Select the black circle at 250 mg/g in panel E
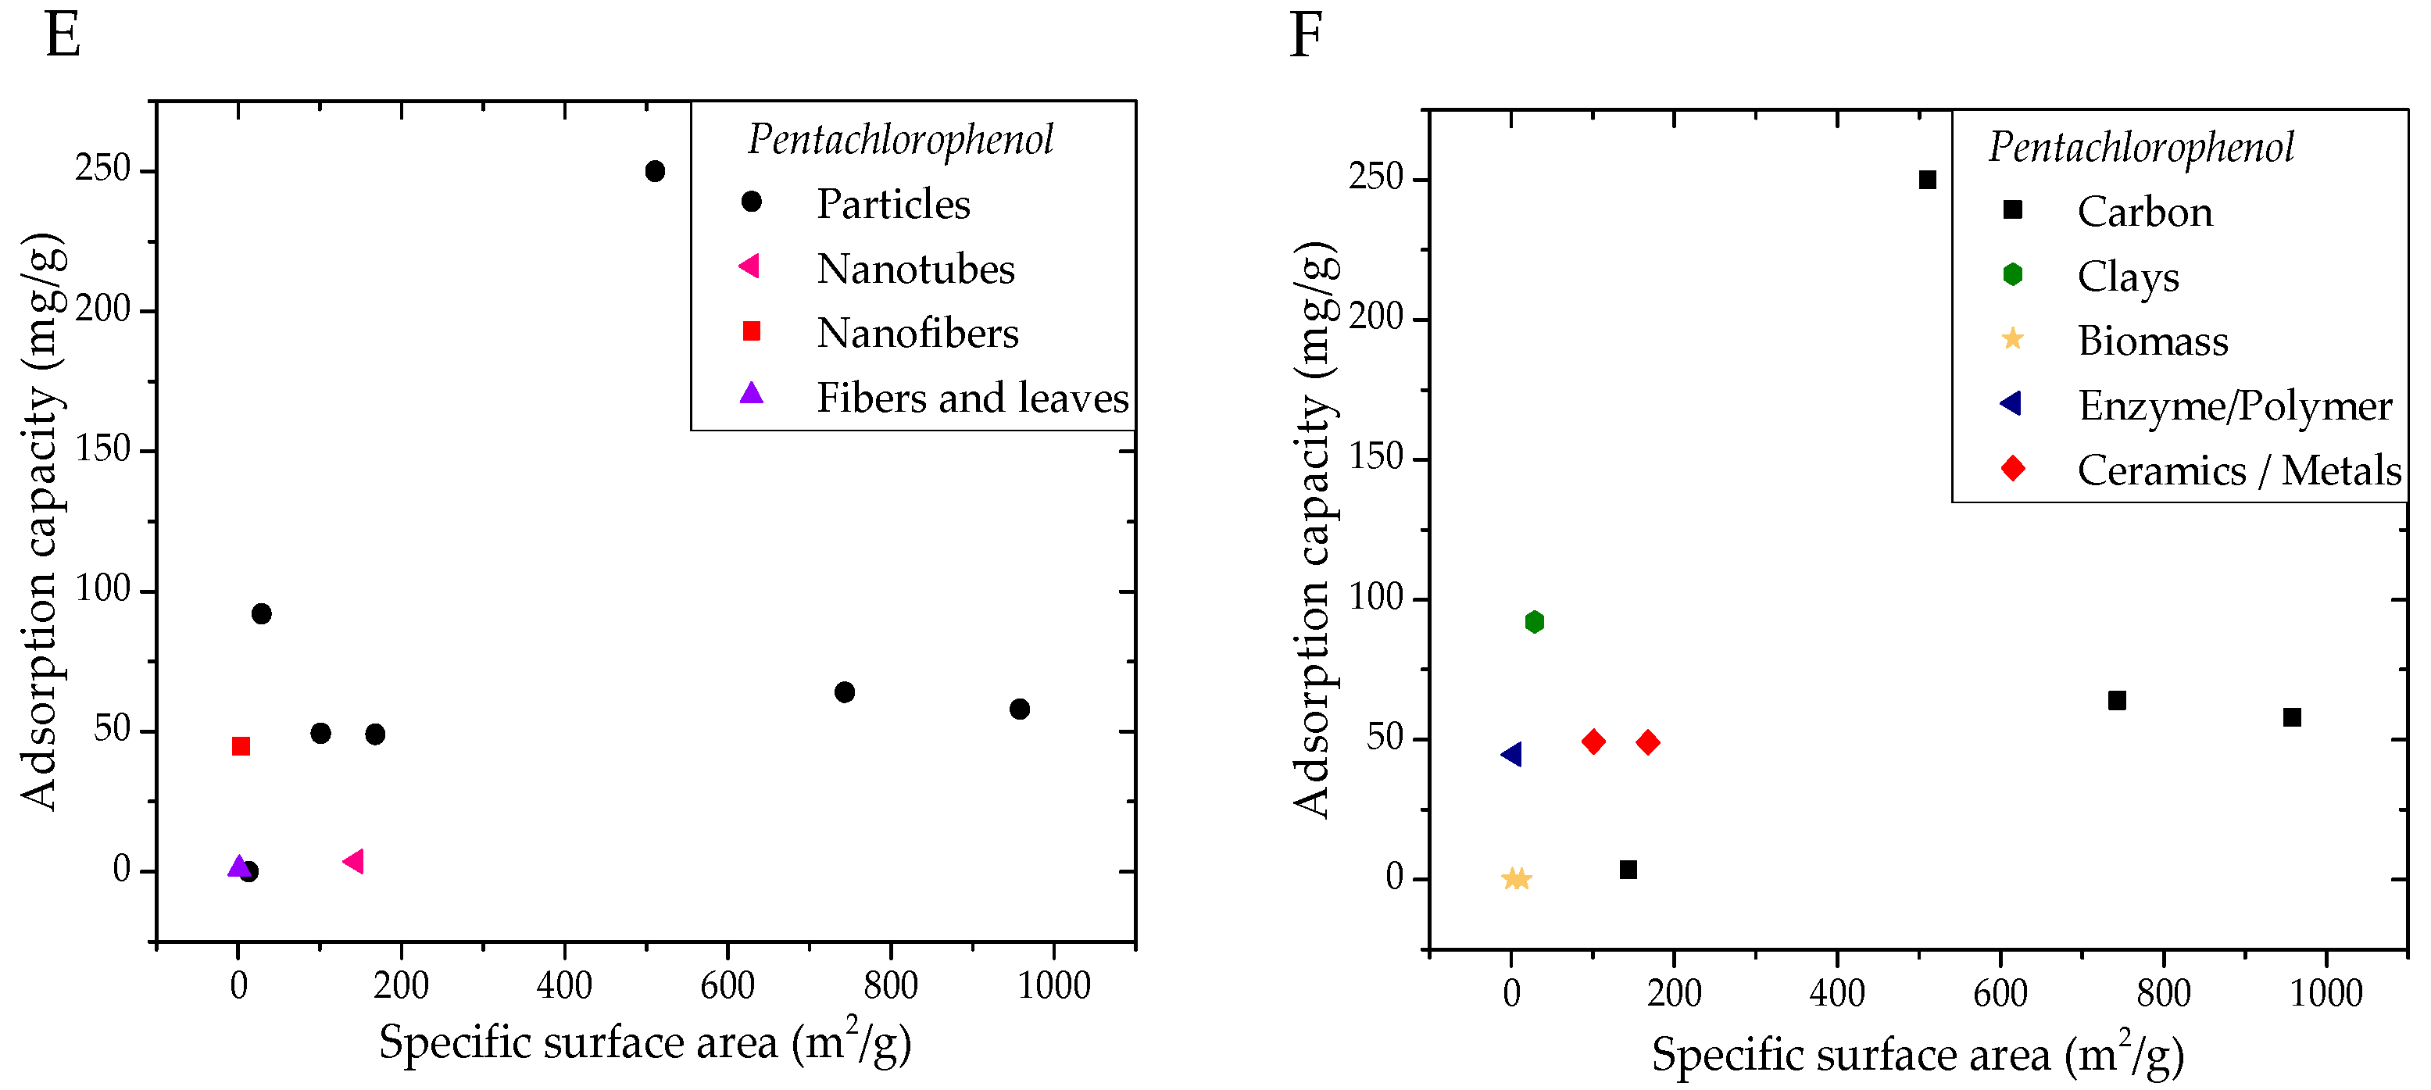(x=655, y=171)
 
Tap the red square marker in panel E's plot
(x=241, y=746)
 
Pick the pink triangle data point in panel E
(x=354, y=861)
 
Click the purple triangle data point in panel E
(x=239, y=867)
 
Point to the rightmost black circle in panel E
(x=1019, y=709)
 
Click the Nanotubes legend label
(x=914, y=269)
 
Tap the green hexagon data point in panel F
(x=1535, y=622)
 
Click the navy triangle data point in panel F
(x=1511, y=754)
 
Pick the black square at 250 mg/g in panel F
(x=1928, y=179)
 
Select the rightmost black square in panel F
(x=2292, y=717)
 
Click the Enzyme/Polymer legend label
(x=2235, y=406)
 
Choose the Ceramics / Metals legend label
(x=2239, y=470)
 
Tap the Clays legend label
(x=2128, y=277)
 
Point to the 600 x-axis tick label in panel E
(x=727, y=986)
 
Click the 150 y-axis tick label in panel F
(x=1375, y=459)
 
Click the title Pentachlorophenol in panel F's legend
(x=2141, y=147)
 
